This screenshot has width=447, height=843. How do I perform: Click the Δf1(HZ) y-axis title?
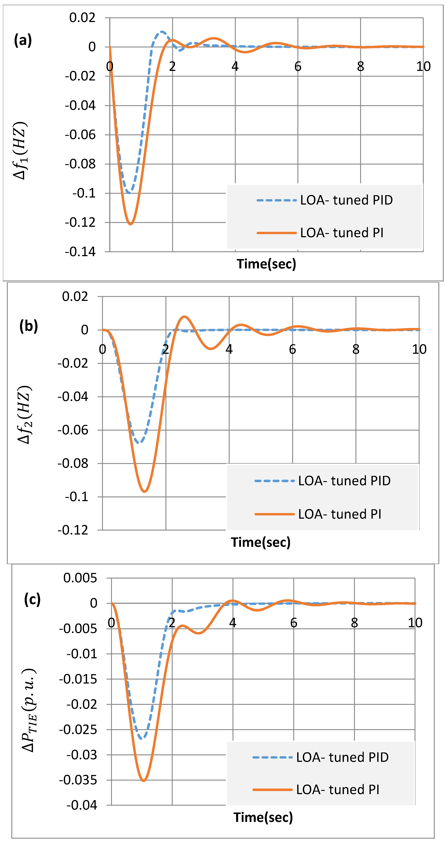[20, 150]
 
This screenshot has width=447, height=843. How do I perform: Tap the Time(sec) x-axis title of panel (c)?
[263, 817]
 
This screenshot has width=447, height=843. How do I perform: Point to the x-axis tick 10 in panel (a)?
[423, 66]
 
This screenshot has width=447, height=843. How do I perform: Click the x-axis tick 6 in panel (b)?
[292, 349]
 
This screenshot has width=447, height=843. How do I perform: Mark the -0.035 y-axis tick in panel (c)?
[78, 780]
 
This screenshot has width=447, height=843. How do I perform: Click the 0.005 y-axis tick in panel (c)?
[80, 578]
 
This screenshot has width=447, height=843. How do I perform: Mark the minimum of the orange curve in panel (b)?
[144, 492]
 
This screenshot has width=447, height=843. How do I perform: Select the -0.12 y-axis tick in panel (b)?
[73, 530]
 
